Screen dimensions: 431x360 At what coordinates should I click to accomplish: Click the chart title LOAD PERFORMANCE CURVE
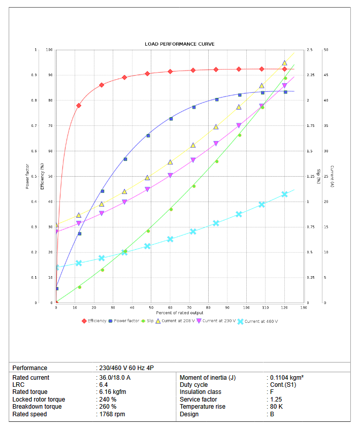click(179, 44)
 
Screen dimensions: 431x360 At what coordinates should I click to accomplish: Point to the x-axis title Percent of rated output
click(180, 313)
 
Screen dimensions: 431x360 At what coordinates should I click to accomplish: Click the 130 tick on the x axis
click(304, 308)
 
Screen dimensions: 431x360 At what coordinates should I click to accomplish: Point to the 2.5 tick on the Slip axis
click(310, 50)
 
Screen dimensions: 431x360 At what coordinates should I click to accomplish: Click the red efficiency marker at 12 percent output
click(79, 106)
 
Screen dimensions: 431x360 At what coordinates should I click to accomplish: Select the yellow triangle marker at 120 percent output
click(284, 63)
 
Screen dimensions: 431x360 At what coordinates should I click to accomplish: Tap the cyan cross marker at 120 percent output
click(284, 194)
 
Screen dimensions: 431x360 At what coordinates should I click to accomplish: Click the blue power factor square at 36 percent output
click(125, 159)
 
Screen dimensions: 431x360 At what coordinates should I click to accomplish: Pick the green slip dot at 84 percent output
click(217, 161)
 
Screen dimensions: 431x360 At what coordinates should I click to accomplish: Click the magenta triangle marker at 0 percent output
click(56, 231)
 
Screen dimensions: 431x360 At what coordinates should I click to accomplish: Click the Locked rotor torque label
click(39, 400)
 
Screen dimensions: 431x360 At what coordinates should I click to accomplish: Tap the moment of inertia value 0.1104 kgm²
click(286, 378)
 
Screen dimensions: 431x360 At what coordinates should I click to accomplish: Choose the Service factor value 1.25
click(275, 400)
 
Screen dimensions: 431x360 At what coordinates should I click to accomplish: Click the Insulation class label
click(200, 392)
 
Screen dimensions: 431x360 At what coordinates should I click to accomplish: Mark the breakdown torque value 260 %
click(108, 407)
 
